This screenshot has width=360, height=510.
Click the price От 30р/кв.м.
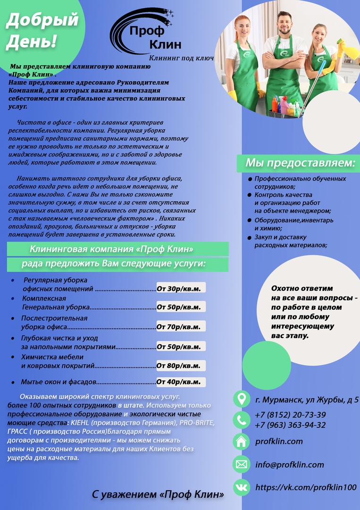(181, 289)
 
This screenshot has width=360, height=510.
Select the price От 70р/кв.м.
(181, 326)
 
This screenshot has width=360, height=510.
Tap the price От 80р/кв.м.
(181, 365)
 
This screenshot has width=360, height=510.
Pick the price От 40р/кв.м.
(181, 382)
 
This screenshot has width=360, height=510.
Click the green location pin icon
(242, 399)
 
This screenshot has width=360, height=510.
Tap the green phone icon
(242, 419)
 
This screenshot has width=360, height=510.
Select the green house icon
(242, 442)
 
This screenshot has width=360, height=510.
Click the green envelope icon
(242, 464)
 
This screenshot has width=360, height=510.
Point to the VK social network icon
(242, 487)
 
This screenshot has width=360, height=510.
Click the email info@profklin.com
(290, 465)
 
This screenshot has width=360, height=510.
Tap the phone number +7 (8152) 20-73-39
(290, 415)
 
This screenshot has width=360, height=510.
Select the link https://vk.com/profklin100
(306, 487)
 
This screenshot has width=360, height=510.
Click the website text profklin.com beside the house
(279, 442)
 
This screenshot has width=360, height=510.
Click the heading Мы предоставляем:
(300, 163)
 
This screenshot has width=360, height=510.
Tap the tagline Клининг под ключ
(181, 58)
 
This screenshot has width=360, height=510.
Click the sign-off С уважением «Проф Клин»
(158, 494)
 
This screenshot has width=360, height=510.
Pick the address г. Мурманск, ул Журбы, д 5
(307, 399)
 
